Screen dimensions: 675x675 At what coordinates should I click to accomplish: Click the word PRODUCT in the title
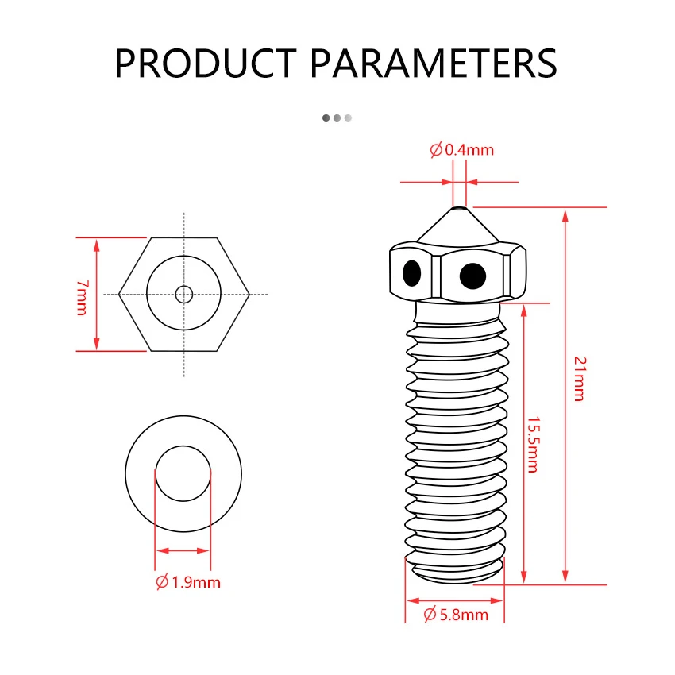[206, 63]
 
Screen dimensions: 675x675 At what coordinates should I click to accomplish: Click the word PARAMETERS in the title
[434, 63]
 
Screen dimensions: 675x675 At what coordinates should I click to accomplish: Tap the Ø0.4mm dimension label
[461, 150]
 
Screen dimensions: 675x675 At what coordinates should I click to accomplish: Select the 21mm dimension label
[580, 379]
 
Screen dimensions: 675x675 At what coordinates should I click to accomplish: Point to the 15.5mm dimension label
[534, 444]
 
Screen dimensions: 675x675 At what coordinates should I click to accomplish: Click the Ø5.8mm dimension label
[456, 615]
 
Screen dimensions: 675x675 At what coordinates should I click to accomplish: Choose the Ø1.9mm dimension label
[188, 582]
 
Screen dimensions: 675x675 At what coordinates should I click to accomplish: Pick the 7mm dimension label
[83, 298]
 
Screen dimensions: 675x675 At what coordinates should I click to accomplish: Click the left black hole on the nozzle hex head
[412, 273]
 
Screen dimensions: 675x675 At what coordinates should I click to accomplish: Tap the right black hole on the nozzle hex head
[472, 276]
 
